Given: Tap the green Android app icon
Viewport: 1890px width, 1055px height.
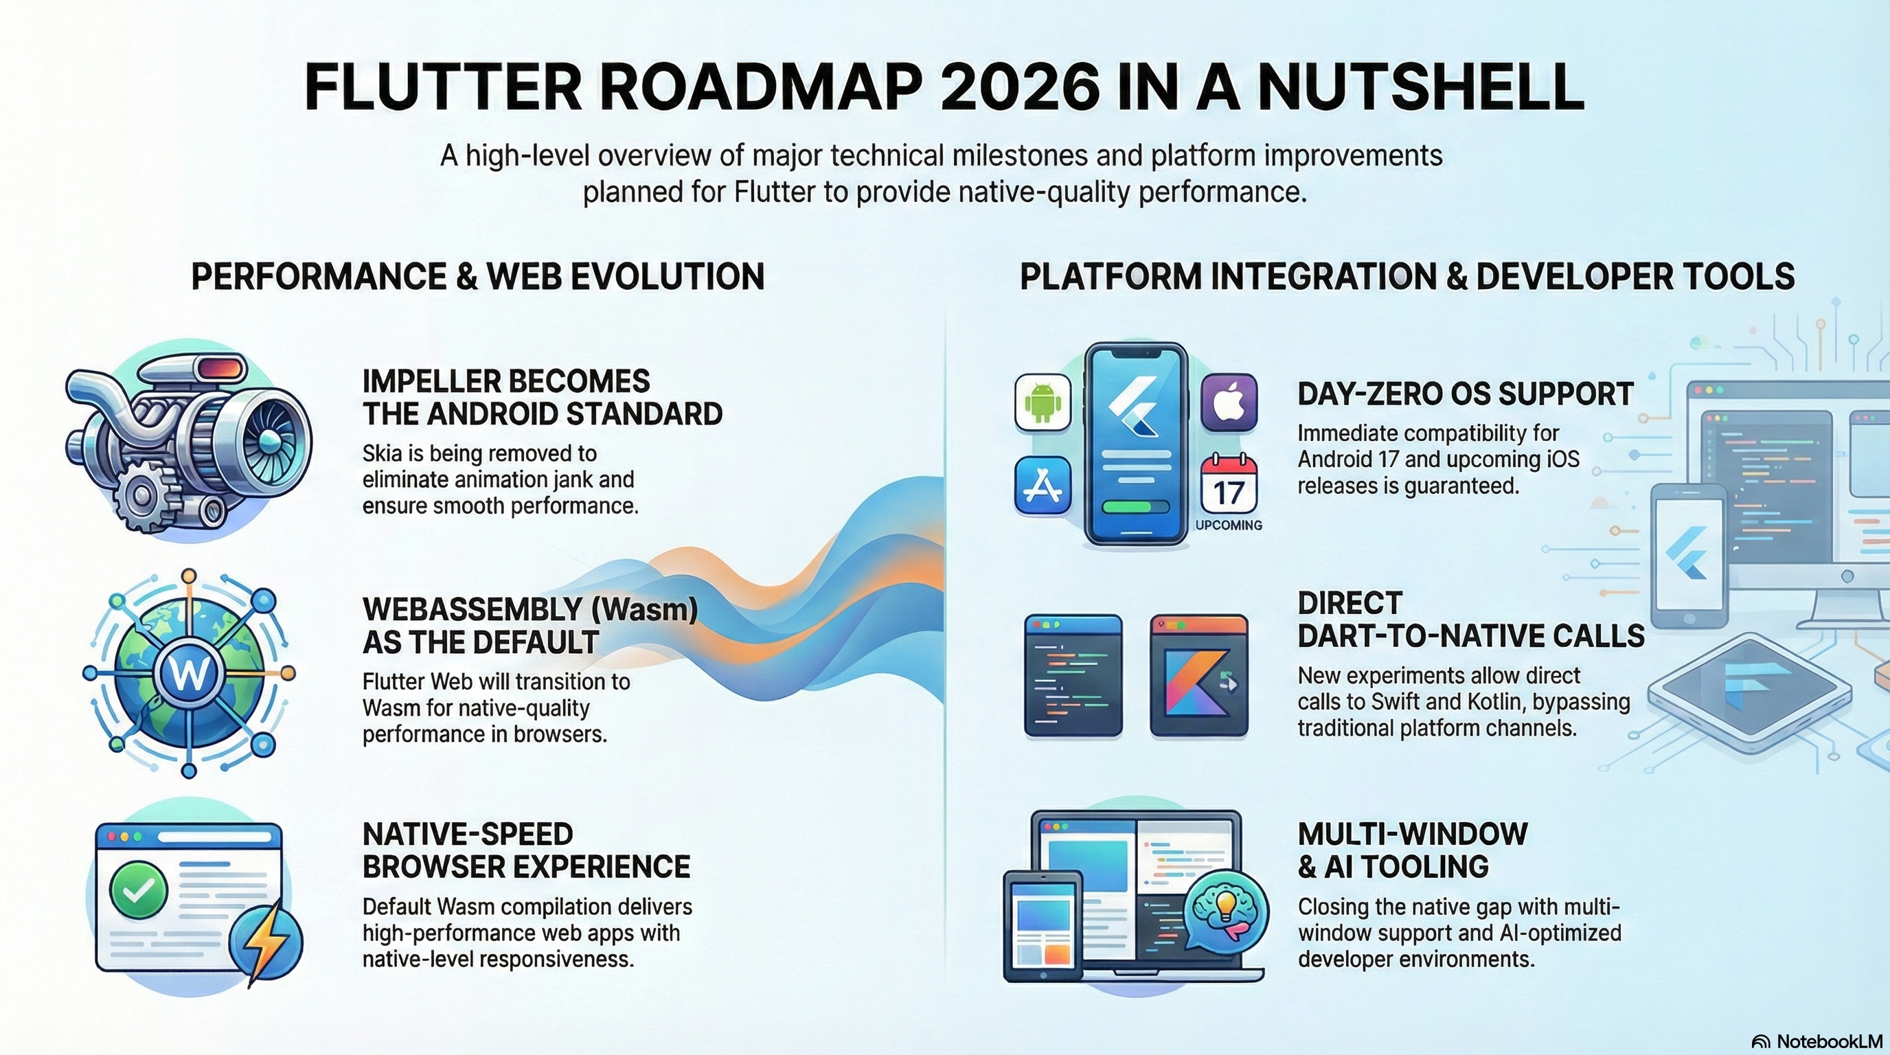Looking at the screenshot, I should [1042, 402].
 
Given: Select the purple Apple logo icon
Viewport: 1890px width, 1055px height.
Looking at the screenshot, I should [1229, 402].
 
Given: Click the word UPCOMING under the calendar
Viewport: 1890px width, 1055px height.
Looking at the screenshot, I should [1229, 525].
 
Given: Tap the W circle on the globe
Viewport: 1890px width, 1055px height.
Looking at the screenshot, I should [189, 672].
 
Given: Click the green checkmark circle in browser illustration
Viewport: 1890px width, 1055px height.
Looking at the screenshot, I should [138, 891].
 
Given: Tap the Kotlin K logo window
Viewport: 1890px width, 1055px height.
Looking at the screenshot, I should [1199, 676].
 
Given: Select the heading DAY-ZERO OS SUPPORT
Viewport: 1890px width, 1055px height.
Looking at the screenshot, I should [1464, 395].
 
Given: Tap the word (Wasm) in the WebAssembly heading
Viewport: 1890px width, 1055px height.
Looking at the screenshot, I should [648, 610].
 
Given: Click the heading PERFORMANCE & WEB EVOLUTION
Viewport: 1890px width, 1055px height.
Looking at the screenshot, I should [477, 277].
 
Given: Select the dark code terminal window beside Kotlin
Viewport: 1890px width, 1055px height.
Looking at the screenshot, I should [1073, 676].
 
